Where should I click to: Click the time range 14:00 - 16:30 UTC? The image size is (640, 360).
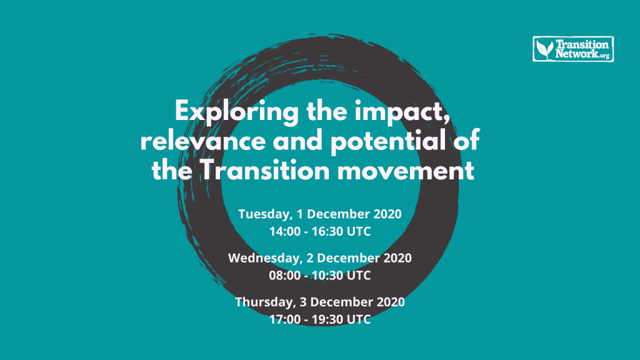coord(320,231)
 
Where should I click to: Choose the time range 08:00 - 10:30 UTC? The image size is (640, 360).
coord(320,274)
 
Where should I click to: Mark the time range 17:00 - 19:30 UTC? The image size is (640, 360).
coord(320,318)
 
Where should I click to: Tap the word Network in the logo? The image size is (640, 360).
coord(574,54)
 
